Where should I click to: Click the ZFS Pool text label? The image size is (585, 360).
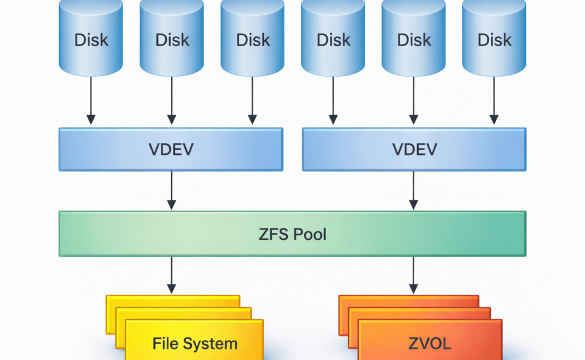[x=292, y=234]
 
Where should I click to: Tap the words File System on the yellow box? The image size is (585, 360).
[x=195, y=344]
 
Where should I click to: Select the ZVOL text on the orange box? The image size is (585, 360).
[x=431, y=344]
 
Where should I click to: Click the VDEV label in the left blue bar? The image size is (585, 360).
[x=171, y=149]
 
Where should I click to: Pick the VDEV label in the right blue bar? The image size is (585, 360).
[x=414, y=149]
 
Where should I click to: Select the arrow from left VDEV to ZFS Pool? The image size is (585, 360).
[x=171, y=190]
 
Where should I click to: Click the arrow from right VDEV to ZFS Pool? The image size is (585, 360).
[x=414, y=190]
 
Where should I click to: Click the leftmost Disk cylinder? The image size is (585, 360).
[x=91, y=38]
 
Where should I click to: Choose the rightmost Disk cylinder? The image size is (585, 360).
[x=494, y=38]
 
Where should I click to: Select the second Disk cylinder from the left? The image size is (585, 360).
[x=172, y=38]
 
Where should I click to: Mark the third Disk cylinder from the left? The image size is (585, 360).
[x=253, y=38]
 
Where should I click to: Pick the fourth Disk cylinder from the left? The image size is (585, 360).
[x=333, y=38]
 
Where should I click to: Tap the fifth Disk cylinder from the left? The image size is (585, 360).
[x=414, y=38]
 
